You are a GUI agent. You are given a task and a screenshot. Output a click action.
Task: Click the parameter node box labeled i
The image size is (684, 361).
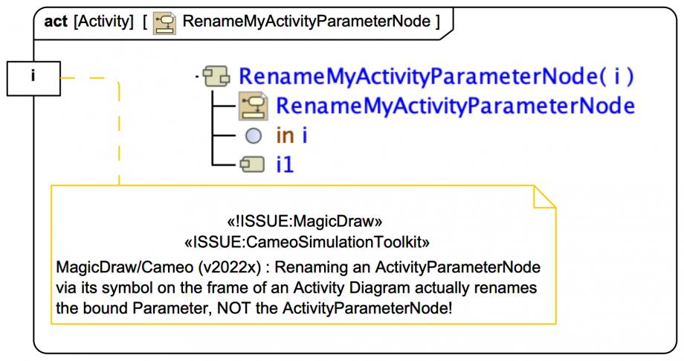[x=33, y=77]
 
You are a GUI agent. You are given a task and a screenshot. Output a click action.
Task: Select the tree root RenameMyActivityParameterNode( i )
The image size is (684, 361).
[x=438, y=76]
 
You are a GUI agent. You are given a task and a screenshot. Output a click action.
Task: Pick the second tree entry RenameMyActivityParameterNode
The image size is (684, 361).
[x=455, y=106]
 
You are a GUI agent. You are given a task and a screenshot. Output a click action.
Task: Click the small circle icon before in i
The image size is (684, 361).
[x=253, y=135]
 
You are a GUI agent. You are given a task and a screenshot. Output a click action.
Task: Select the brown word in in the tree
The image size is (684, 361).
[x=285, y=135]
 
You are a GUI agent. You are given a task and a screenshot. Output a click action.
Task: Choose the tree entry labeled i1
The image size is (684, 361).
[x=285, y=164]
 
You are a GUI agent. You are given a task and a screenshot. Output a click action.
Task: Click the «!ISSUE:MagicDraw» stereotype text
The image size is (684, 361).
[x=304, y=220]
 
